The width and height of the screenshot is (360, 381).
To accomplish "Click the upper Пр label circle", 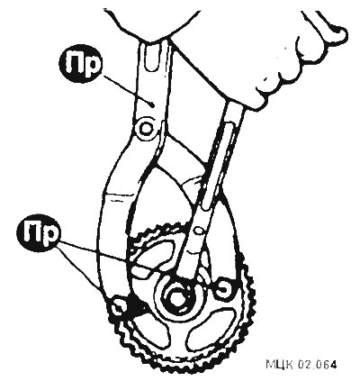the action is tap(81, 64).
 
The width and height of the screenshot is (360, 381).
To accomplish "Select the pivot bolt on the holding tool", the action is tap(146, 129).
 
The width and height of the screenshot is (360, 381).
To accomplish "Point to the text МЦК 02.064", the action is tap(301, 364).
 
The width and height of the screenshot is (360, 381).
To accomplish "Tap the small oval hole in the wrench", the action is tap(198, 231).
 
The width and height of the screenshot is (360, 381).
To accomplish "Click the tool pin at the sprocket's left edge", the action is tap(118, 307).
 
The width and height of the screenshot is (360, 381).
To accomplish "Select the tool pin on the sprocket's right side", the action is tap(224, 289).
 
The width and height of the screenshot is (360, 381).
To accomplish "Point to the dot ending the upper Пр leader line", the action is tap(153, 104).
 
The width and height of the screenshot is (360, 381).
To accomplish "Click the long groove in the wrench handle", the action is tap(218, 165).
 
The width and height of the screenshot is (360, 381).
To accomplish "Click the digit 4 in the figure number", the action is tap(333, 364).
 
